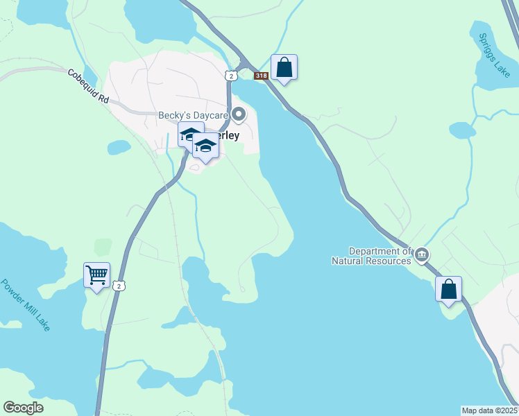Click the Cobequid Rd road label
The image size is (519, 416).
tap(89, 86)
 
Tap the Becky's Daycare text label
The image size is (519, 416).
tap(194, 116)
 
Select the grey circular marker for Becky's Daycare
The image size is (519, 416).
tap(239, 114)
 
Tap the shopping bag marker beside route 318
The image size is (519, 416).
tap(284, 68)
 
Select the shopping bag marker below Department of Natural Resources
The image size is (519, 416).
tap(448, 289)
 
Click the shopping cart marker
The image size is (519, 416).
tap(96, 275)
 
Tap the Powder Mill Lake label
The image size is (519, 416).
tap(25, 304)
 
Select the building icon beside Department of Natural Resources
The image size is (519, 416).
tap(422, 257)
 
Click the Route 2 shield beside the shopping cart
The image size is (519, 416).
tap(120, 286)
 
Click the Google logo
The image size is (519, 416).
tap(24, 408)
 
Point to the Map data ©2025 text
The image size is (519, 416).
tap(489, 410)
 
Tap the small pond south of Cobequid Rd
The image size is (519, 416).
tap(119, 147)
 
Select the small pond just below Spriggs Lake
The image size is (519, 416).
tap(461, 130)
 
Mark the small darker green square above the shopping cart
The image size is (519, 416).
tap(103, 247)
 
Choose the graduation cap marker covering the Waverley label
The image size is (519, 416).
tap(205, 148)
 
